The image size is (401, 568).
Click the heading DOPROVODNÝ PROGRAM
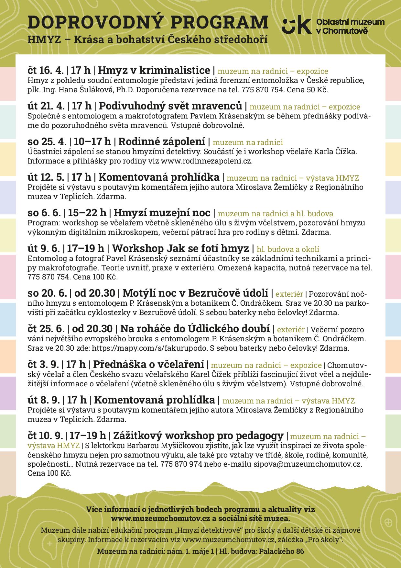pos(148,23)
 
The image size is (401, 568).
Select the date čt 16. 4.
pos(45,70)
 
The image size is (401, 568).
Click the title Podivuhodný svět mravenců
pos(170,106)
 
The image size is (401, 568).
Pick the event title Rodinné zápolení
pos(162,142)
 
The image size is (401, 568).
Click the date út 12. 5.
pos(46,177)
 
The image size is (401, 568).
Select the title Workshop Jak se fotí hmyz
pos(182,248)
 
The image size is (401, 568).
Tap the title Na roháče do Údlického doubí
pos(195,329)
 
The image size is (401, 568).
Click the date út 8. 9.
pos(44,400)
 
